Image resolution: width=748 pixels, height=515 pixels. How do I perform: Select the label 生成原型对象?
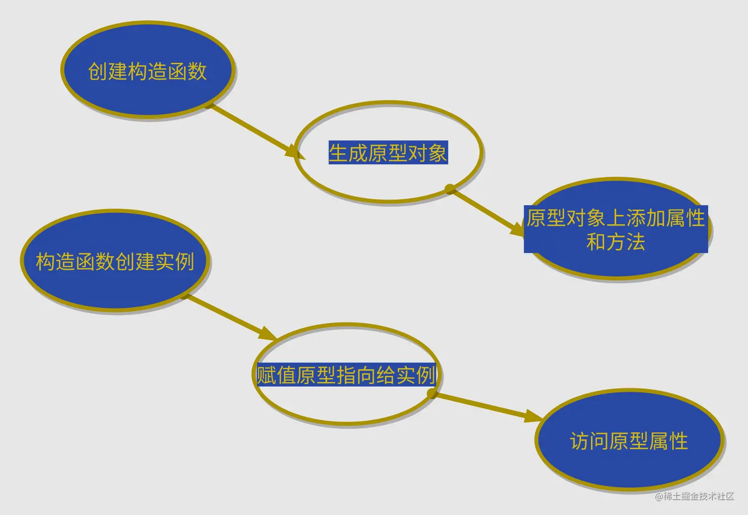388,153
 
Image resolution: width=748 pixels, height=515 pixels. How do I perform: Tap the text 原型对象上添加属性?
615,218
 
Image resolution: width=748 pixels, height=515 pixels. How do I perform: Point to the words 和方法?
615,242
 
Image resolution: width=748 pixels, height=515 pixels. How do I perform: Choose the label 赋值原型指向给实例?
346,375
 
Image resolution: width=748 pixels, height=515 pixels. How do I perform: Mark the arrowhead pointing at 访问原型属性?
534,416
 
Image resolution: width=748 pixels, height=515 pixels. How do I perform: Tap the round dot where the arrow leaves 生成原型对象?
450,188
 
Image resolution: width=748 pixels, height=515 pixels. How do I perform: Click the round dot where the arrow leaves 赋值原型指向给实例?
432,393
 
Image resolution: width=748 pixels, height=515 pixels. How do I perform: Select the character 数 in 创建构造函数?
197,71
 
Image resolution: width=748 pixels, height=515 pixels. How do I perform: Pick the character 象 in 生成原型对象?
438,153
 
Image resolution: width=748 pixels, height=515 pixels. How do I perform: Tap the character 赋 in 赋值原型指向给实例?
266,375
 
